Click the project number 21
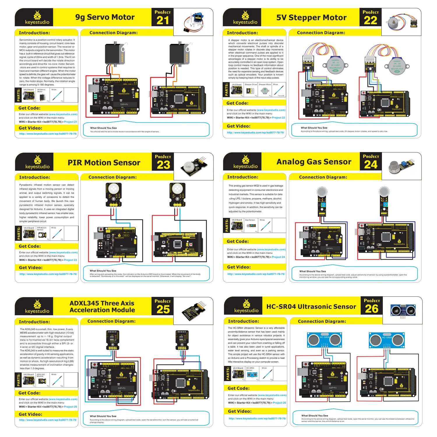point(163,20)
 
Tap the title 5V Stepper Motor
point(311,18)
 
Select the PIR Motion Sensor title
point(104,163)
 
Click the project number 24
point(371,165)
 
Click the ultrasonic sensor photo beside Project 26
point(403,311)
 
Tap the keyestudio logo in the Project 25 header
point(37,306)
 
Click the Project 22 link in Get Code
point(278,118)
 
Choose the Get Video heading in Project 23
point(31,267)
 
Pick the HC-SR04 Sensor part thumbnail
point(252,373)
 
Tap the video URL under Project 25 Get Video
point(48,420)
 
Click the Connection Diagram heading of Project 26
point(322,321)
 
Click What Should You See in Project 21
point(103,128)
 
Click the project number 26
point(371,309)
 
